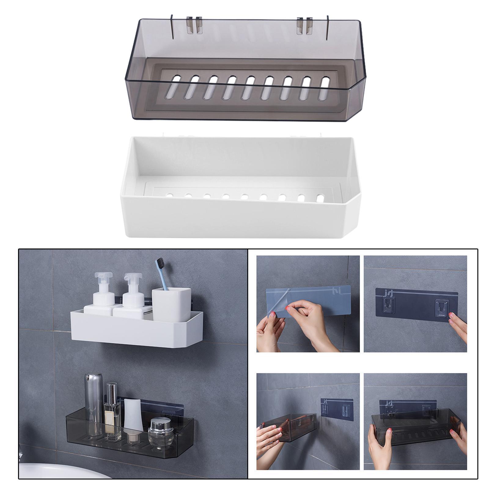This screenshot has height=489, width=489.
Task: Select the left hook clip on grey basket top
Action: pos(195,25)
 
